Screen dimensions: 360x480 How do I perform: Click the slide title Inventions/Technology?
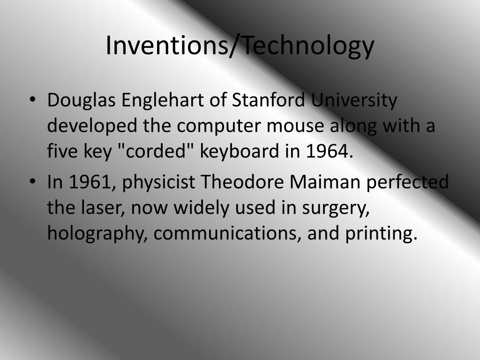pos(240,45)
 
